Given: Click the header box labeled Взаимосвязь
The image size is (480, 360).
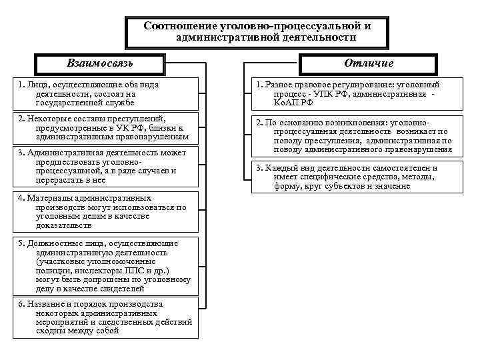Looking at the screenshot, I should point(100,63).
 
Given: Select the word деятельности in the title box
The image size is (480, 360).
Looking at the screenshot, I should point(316,37).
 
